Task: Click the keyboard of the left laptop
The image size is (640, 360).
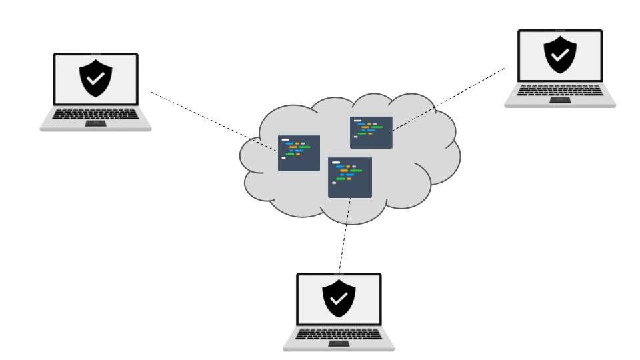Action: [x=95, y=114]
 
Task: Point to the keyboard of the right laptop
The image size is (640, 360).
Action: [x=559, y=91]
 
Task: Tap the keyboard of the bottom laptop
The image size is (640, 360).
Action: [x=339, y=333]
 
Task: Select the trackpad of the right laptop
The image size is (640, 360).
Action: [x=559, y=99]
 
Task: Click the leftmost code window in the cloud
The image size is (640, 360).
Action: [x=299, y=153]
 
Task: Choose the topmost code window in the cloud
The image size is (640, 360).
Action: [x=371, y=132]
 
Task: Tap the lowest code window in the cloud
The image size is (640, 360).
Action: [x=349, y=177]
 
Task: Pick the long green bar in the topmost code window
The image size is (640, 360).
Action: [x=376, y=127]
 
